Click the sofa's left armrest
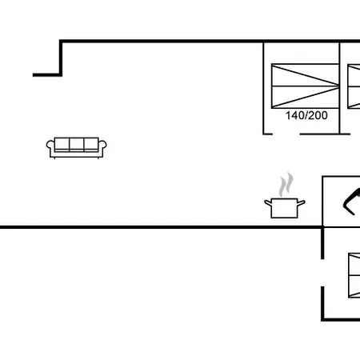tap(50, 146)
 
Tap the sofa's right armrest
tap(102, 146)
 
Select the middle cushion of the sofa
tap(77, 144)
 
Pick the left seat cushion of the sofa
tap(62, 144)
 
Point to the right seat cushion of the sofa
tap(91, 144)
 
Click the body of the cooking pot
tap(284, 208)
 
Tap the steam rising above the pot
tap(286, 185)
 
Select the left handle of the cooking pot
tap(268, 203)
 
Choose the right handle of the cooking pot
tap(301, 203)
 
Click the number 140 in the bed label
tap(294, 115)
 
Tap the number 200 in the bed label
tap(318, 115)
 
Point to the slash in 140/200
tap(306, 115)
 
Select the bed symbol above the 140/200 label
tap(305, 86)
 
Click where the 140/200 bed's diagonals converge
tap(338, 86)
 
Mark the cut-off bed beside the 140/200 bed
tap(354, 86)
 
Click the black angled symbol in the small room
tap(351, 202)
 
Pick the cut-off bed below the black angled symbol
tap(354, 275)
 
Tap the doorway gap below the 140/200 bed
tap(286, 134)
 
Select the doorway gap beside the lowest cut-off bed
tap(322, 273)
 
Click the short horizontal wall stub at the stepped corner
tap(47, 75)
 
